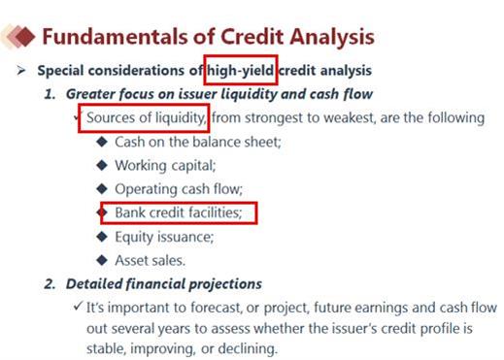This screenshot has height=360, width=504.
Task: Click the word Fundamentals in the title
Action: pyautogui.click(x=115, y=36)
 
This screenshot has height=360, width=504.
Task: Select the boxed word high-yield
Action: pyautogui.click(x=240, y=71)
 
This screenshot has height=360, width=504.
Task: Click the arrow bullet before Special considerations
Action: pyautogui.click(x=21, y=70)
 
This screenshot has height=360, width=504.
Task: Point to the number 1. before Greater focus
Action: pyautogui.click(x=50, y=94)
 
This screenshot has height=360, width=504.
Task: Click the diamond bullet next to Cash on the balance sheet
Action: pyautogui.click(x=102, y=142)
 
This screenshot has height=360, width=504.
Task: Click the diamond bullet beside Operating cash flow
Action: pyautogui.click(x=102, y=189)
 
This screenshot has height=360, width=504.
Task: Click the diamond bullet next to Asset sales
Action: pyautogui.click(x=102, y=260)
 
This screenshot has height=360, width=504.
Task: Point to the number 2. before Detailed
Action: pyautogui.click(x=50, y=284)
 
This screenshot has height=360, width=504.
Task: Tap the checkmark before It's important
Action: pyautogui.click(x=78, y=306)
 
